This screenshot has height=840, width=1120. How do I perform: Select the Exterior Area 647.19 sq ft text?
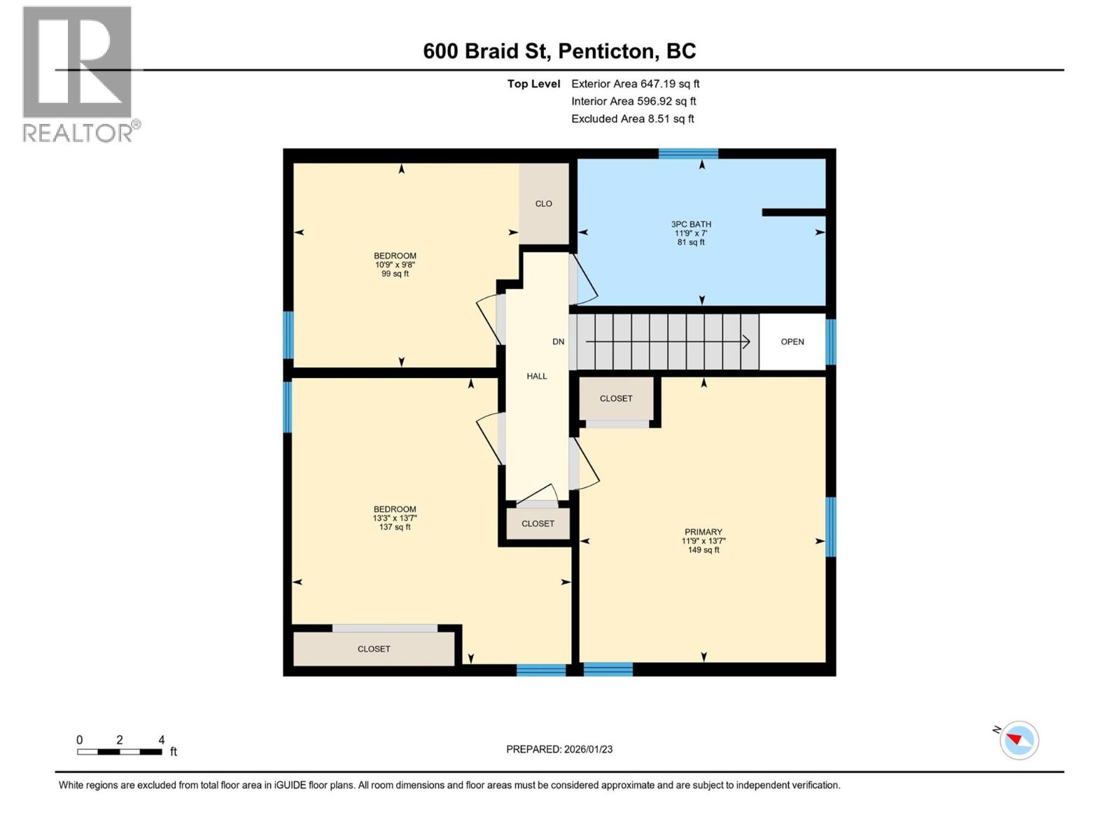click(635, 83)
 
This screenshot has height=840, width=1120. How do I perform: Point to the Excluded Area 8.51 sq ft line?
click(632, 118)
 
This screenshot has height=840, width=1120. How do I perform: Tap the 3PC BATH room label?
click(691, 225)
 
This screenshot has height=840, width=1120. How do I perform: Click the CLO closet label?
click(544, 204)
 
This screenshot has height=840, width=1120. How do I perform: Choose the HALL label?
click(537, 376)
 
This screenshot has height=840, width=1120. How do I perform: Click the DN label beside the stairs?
click(558, 342)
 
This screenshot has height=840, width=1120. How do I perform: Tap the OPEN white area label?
click(792, 342)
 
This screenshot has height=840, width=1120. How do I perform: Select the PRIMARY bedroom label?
click(703, 532)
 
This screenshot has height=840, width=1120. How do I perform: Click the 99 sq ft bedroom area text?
click(395, 274)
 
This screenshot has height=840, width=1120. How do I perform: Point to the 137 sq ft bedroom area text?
click(395, 527)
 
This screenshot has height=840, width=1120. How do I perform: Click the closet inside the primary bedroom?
click(616, 398)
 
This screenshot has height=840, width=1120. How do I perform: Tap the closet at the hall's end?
click(538, 524)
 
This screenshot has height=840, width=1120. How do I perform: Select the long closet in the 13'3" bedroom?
click(374, 649)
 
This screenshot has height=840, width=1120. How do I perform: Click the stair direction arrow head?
click(747, 342)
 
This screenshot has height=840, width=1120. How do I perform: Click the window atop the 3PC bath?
click(688, 153)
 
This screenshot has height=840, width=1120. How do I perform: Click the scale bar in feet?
click(120, 752)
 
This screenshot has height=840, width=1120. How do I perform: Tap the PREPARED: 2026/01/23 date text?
click(559, 749)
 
